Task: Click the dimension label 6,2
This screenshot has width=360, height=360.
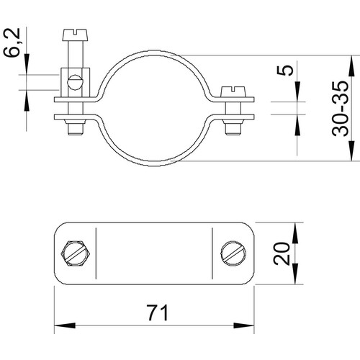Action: coord(12,42)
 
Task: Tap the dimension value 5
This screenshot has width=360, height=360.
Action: coord(285,71)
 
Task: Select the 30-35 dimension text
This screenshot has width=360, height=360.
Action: coord(340,109)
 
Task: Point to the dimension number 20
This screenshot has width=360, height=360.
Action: coord(282,253)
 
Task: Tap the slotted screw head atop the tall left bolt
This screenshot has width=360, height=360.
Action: coord(76,35)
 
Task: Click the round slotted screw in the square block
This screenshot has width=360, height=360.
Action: coord(76,83)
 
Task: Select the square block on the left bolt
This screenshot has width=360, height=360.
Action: coord(76,82)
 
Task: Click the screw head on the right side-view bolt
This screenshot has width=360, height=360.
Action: coord(233,91)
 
